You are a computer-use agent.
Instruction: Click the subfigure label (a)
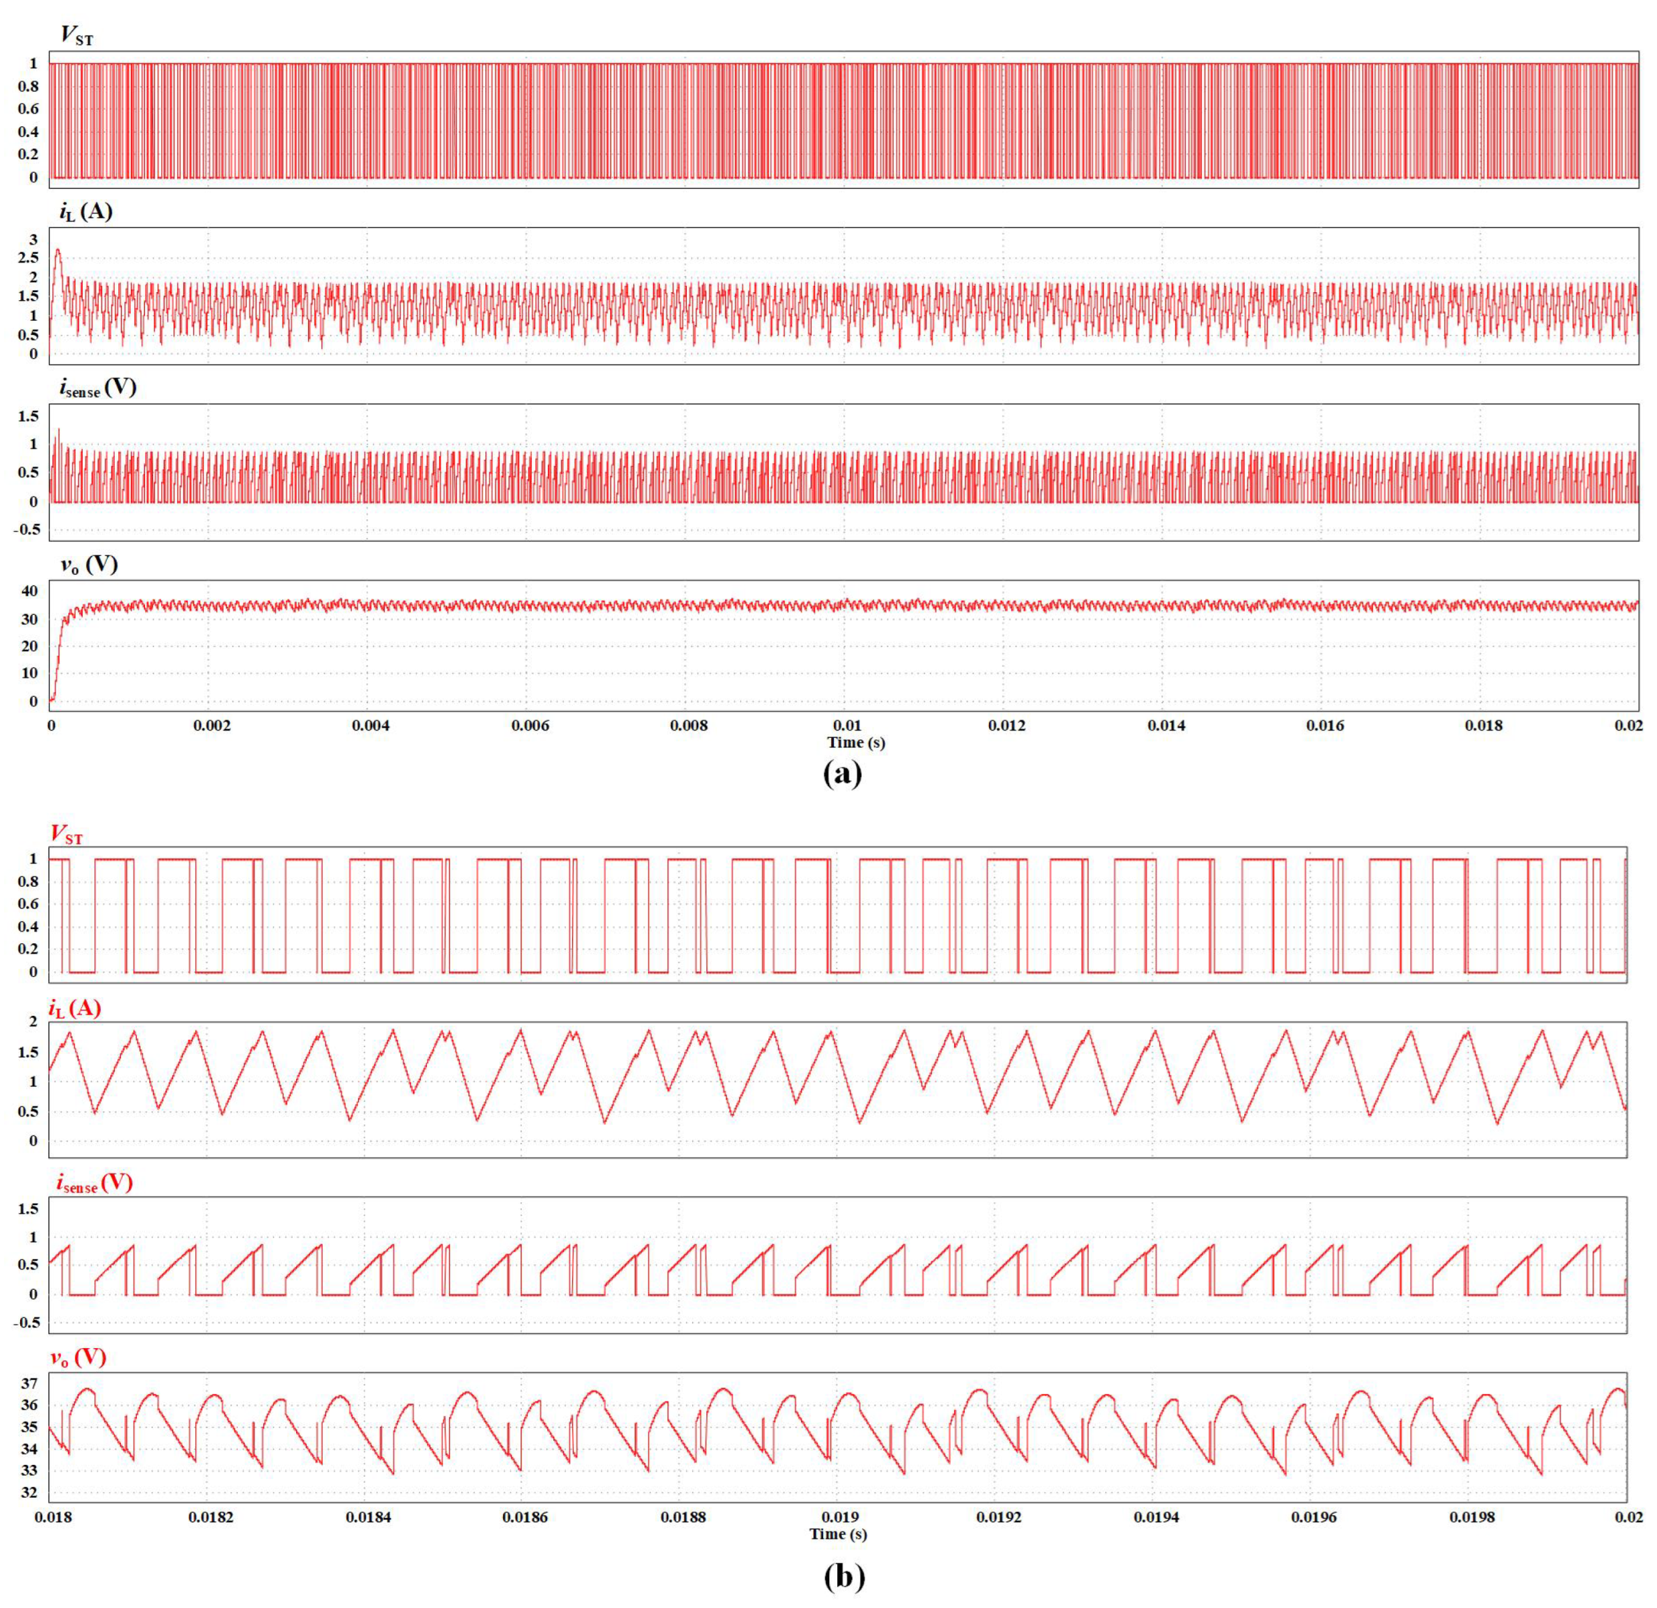(x=842, y=773)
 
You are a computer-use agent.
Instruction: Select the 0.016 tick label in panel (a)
(x=1325, y=725)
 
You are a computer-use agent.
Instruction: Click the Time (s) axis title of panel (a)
(x=855, y=743)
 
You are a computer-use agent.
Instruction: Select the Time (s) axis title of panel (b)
(x=838, y=1533)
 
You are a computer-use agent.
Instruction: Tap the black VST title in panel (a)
(x=76, y=36)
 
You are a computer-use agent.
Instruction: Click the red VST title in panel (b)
(x=66, y=834)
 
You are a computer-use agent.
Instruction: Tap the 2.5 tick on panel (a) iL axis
(x=28, y=258)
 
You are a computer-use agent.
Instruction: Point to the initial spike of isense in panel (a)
(x=58, y=430)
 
